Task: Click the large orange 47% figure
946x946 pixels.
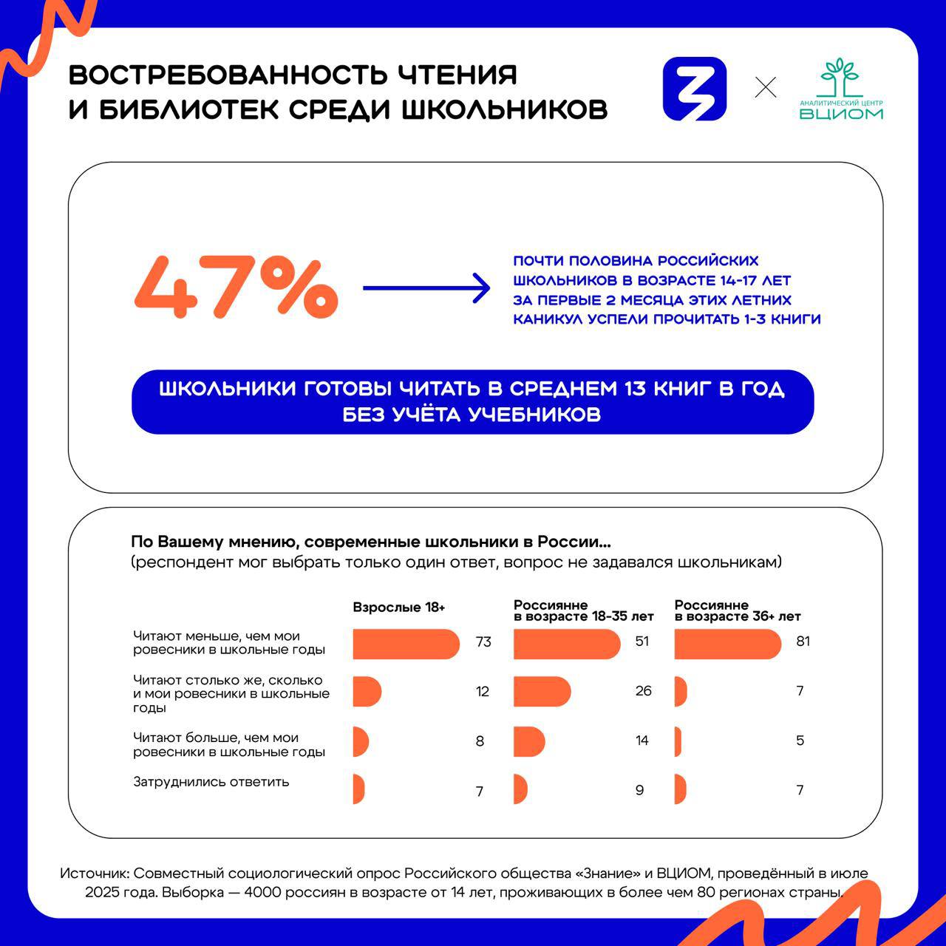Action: [x=236, y=288]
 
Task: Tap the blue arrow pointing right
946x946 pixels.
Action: [x=426, y=288]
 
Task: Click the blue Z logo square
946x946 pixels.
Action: [x=695, y=89]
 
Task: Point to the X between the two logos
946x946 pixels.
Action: [x=766, y=88]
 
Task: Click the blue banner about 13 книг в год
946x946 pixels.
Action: [x=472, y=401]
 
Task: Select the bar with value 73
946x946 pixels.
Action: [x=406, y=644]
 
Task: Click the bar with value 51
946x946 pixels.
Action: [x=566, y=644]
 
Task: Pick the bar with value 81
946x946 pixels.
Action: [x=727, y=644]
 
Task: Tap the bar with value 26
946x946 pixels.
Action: [x=542, y=692]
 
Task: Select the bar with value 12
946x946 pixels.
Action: [x=367, y=692]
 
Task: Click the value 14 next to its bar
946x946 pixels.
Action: [x=642, y=741]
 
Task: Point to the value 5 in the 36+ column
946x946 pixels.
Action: [x=800, y=741]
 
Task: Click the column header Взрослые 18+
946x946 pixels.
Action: [x=399, y=608]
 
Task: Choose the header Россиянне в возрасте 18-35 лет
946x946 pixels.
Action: [x=583, y=610]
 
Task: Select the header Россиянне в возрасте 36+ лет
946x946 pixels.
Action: [x=737, y=610]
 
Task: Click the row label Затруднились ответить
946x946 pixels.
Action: [x=211, y=782]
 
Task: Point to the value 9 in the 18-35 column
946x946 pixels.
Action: [x=639, y=790]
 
